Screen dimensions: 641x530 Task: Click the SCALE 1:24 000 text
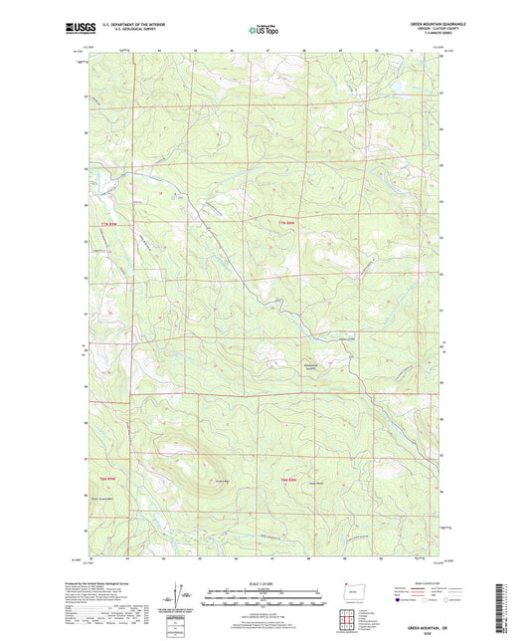coord(264,583)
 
